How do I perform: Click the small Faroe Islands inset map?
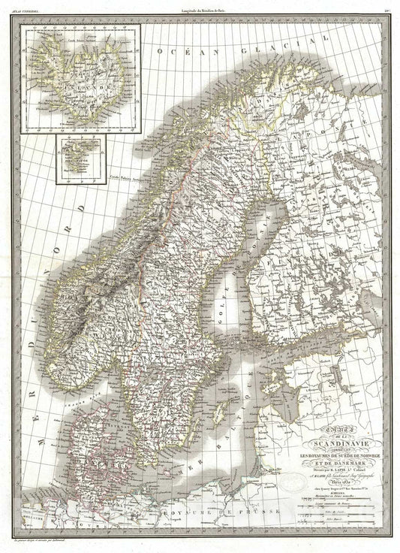(x=80, y=157)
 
